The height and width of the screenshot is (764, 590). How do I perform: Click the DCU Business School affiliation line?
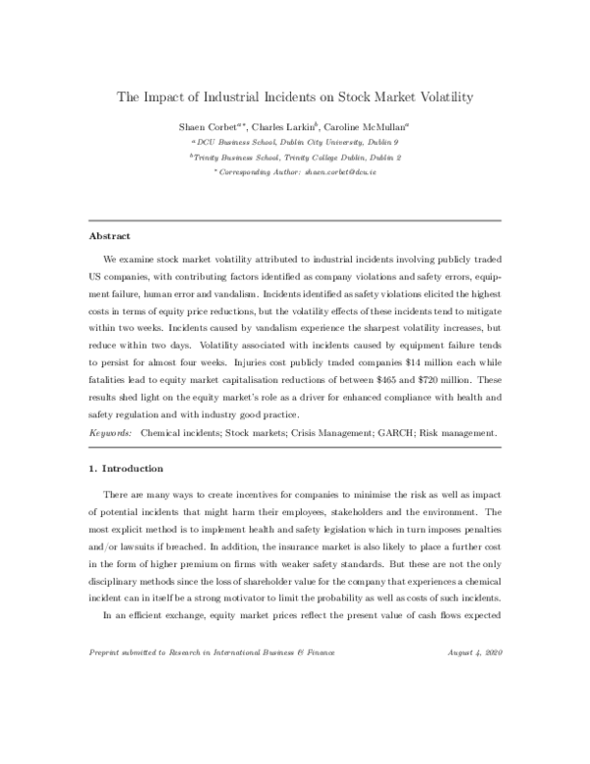(294, 142)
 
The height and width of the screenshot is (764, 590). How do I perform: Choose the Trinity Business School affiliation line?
(294, 157)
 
